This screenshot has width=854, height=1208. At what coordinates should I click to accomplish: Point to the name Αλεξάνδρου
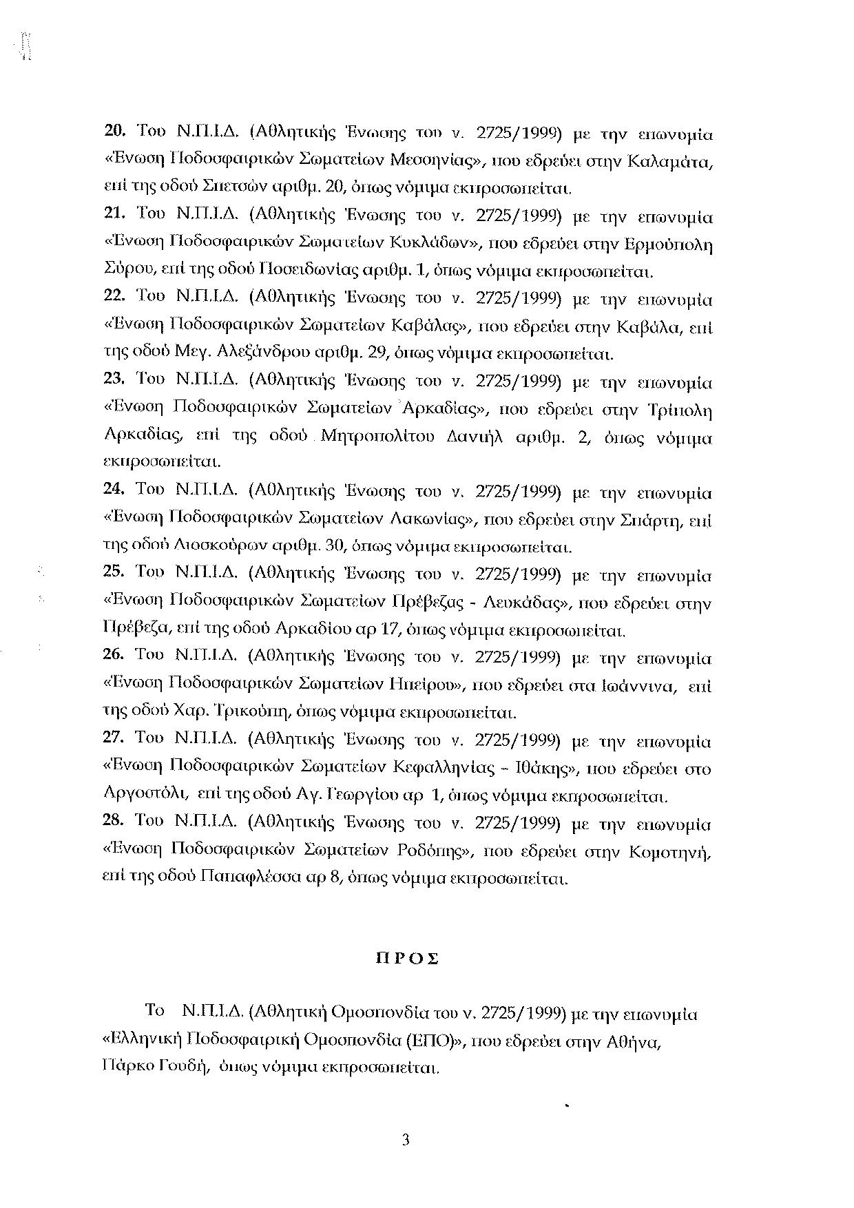(262, 354)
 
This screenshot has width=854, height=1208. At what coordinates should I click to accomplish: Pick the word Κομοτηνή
(670, 852)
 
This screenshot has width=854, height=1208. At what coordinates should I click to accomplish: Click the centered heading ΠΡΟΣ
(406, 959)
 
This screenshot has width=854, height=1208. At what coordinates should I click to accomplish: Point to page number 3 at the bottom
(406, 1141)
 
